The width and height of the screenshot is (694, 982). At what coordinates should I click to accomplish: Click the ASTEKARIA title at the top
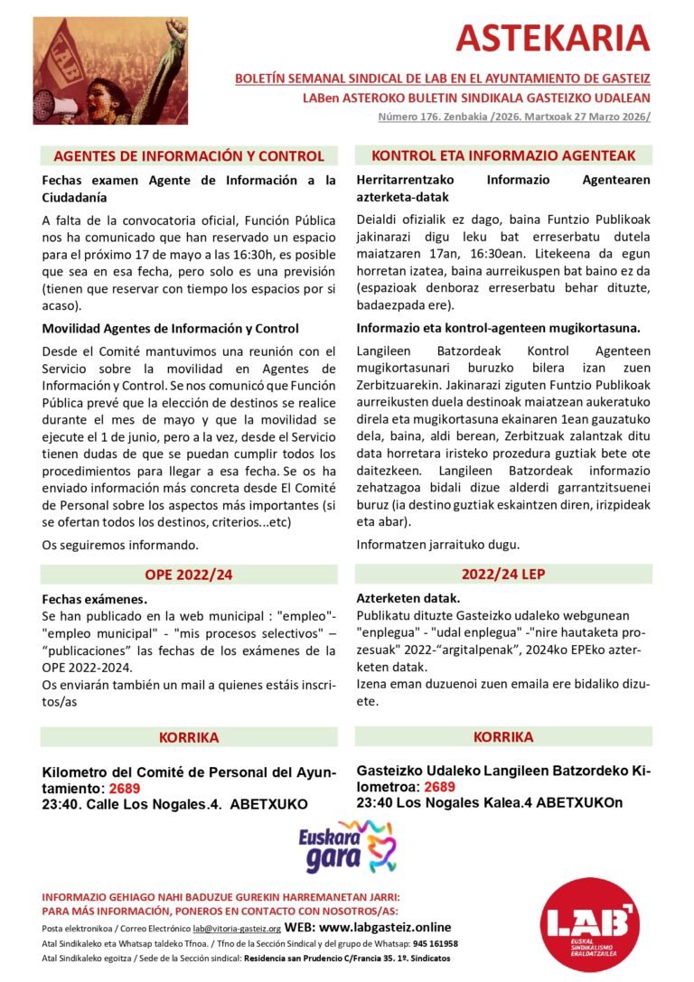pos(552,38)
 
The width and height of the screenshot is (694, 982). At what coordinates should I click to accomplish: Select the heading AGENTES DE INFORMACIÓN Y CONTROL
pos(188,155)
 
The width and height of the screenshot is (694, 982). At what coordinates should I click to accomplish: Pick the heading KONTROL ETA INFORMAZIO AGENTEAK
pos(503,155)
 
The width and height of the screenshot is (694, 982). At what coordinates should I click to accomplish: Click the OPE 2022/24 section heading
pos(188,575)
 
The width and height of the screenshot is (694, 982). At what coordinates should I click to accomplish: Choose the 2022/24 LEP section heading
pos(503,574)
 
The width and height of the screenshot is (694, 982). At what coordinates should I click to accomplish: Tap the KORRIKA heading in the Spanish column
pos(188,737)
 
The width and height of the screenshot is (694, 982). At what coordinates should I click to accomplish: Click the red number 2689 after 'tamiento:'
pos(125,789)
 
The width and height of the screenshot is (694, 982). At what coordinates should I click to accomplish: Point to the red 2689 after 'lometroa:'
pos(439,787)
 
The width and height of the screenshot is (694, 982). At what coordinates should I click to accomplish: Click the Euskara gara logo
pos(347,848)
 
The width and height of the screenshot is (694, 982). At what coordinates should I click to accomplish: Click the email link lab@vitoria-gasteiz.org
pos(236,929)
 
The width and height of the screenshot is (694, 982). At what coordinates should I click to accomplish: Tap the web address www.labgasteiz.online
pos(386,927)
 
